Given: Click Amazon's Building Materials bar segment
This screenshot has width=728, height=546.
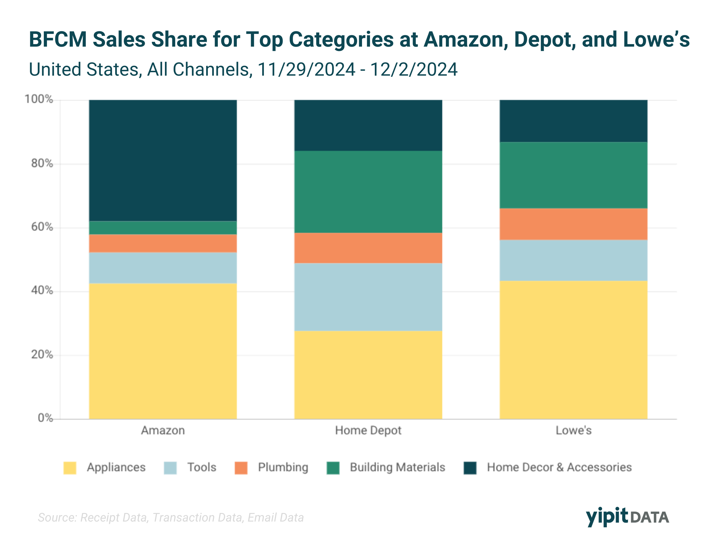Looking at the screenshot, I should pyautogui.click(x=163, y=228).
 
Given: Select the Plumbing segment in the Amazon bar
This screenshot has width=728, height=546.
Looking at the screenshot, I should pyautogui.click(x=163, y=243).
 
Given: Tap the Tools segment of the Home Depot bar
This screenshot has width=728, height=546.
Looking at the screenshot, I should pyautogui.click(x=368, y=297).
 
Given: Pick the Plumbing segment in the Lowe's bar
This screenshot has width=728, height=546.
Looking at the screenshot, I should pyautogui.click(x=573, y=224).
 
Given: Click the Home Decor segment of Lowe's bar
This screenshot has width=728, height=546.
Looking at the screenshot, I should pyautogui.click(x=573, y=121).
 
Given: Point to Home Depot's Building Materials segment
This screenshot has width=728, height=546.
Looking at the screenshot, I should pyautogui.click(x=368, y=192).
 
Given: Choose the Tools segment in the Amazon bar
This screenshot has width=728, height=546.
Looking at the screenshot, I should pyautogui.click(x=163, y=268).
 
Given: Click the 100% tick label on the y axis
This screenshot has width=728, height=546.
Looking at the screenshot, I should pyautogui.click(x=39, y=99).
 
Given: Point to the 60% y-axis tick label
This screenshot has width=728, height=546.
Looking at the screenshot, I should pyautogui.click(x=42, y=227).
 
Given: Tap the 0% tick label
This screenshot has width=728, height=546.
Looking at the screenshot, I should pyautogui.click(x=45, y=418).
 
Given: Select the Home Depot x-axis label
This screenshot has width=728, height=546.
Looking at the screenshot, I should pyautogui.click(x=368, y=431).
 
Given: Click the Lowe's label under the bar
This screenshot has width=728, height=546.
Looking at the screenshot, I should pyautogui.click(x=573, y=431).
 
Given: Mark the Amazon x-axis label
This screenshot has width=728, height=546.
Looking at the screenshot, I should pyautogui.click(x=163, y=431).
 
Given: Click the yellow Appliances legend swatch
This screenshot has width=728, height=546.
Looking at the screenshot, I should pyautogui.click(x=70, y=468).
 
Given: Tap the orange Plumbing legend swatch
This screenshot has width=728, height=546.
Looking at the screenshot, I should pyautogui.click(x=241, y=468).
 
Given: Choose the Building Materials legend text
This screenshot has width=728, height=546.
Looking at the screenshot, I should pyautogui.click(x=397, y=467).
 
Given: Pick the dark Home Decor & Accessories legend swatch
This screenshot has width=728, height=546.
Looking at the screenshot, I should pyautogui.click(x=470, y=468).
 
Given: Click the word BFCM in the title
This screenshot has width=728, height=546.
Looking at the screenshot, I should pyautogui.click(x=58, y=40).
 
